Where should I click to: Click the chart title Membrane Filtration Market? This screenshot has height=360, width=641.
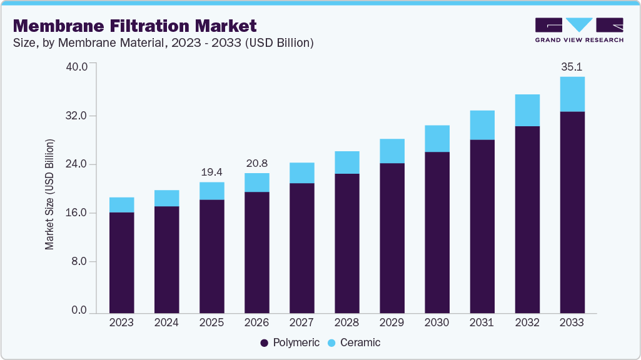tap(135, 26)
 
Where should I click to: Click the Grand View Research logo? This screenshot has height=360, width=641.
tap(579, 30)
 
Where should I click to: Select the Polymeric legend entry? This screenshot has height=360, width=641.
tap(290, 342)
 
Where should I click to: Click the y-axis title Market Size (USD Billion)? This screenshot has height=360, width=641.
tap(49, 194)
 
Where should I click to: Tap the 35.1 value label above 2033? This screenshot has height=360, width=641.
tap(572, 66)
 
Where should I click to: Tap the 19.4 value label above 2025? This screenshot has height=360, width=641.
tap(211, 172)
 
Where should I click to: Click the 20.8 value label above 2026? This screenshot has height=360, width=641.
tap(256, 163)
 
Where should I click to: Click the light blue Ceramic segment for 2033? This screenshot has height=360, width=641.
tap(572, 94)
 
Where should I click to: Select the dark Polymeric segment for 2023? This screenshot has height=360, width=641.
tap(121, 262)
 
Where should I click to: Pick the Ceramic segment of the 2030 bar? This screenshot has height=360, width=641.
tap(437, 139)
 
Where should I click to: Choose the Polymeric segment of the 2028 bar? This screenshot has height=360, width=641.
tap(346, 243)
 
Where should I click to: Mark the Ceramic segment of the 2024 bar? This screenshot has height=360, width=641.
tap(166, 198)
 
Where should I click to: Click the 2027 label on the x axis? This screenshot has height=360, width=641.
tap(301, 323)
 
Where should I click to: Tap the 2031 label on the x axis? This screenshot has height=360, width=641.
tap(482, 323)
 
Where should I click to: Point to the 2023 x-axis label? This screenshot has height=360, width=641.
tap(121, 323)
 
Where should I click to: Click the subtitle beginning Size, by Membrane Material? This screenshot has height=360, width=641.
tap(163, 43)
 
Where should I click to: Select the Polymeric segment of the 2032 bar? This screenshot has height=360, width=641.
tap(527, 219)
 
